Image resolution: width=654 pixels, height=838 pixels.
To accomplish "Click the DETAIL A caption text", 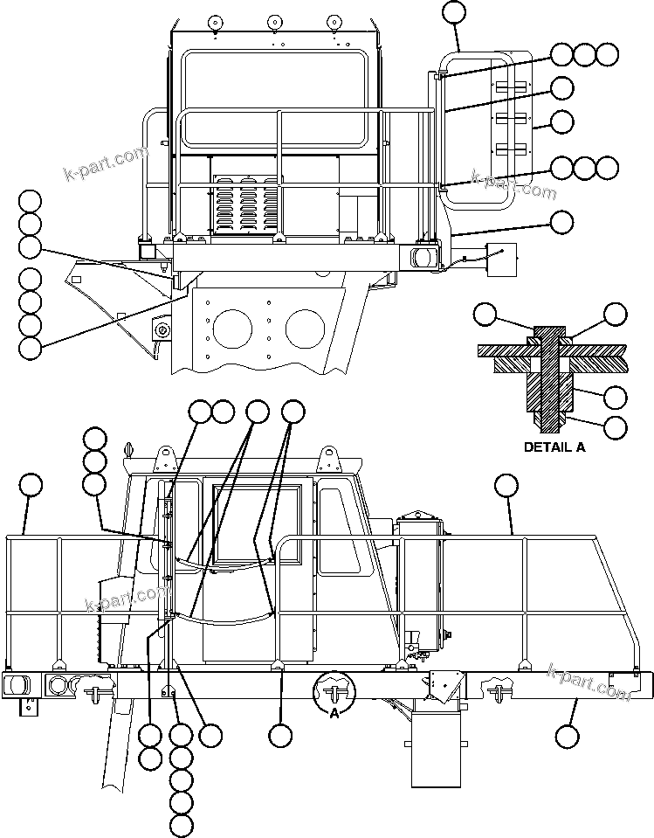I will (554, 447).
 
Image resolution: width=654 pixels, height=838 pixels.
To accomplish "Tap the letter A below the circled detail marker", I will (334, 713).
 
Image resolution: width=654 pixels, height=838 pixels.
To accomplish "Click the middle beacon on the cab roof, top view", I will (274, 22).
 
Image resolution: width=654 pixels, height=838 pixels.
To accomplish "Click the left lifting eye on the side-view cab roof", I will (162, 458).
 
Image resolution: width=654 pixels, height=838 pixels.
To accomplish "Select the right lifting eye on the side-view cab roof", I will (328, 458).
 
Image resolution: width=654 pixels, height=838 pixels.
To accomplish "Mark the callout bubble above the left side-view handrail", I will (31, 485).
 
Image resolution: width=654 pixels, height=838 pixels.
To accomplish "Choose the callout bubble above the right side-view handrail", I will (506, 485).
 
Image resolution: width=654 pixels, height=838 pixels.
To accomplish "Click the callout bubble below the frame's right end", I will (568, 737).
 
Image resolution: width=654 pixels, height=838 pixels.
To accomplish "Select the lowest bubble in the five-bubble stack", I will (182, 825).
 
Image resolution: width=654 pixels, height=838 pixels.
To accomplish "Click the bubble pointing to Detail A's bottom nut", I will (616, 427).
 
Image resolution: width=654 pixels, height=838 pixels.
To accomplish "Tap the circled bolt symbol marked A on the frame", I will (334, 690).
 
